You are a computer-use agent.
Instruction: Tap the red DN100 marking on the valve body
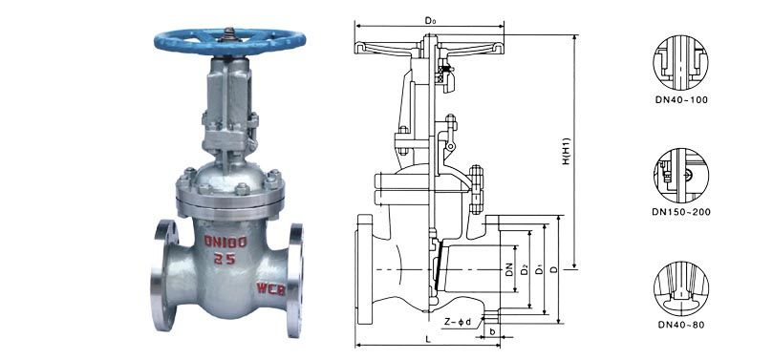[225, 241]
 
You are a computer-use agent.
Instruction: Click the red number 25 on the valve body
[225, 259]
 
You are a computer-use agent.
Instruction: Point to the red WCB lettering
[270, 288]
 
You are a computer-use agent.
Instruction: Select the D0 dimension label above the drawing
[431, 20]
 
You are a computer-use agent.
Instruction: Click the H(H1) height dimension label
[567, 151]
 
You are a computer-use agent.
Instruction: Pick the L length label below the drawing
[428, 339]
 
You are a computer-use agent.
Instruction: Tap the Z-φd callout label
[458, 323]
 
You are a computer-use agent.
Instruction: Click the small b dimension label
[492, 331]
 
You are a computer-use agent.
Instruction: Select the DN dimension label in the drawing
[509, 269]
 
